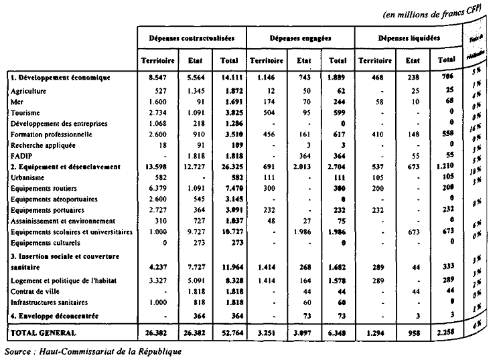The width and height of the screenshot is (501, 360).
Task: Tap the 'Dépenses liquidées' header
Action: (x=408, y=39)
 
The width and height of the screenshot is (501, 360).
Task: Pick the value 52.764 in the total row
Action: (x=228, y=332)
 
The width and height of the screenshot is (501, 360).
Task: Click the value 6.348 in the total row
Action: (x=335, y=332)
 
